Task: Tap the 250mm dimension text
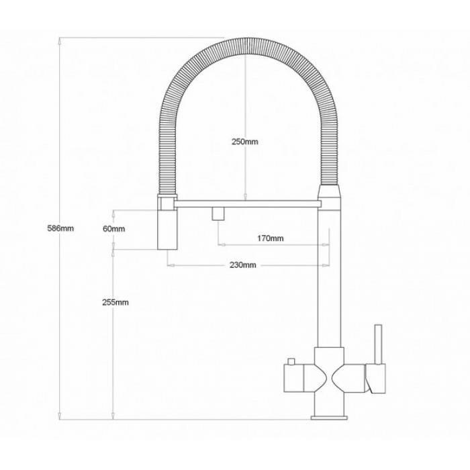pos(245,142)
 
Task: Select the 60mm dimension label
pos(115,228)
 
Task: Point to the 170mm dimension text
pos(271,238)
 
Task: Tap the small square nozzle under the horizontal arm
pos(218,214)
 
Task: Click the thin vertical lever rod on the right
pos(377,343)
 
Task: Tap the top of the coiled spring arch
pos(245,40)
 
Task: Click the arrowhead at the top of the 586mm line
pos(61,40)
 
